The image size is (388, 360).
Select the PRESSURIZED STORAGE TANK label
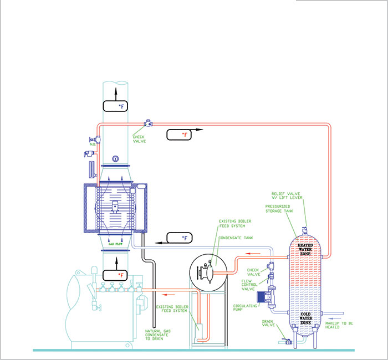(282, 209)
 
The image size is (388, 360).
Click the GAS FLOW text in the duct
(115, 243)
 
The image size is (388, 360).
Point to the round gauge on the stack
(114, 158)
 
